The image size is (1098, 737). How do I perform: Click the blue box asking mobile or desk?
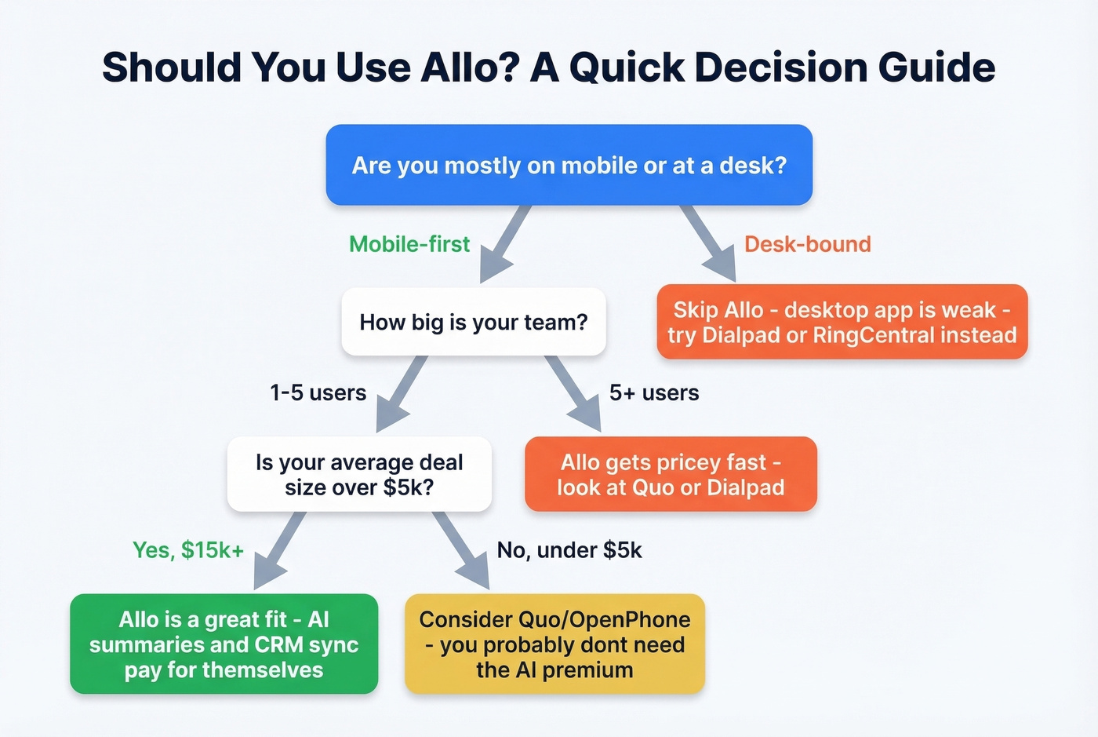pos(569,165)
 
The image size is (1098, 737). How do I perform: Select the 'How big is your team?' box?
pos(473,322)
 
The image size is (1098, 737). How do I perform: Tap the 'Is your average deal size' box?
pos(359,474)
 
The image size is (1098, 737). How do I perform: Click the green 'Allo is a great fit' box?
pos(224,644)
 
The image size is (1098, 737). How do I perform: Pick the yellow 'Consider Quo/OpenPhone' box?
pos(554,644)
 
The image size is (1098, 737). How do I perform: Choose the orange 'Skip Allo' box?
pos(842,322)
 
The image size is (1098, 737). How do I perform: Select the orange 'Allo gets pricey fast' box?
pos(671,474)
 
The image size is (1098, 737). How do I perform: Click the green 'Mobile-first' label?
pos(409,244)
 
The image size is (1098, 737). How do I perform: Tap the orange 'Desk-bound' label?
pos(807,244)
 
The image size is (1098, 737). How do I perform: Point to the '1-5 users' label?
pos(318,392)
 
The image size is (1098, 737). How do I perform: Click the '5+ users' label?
pos(654,392)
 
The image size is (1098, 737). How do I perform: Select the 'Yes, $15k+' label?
pos(188,549)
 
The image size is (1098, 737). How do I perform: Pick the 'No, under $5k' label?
pos(569,549)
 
